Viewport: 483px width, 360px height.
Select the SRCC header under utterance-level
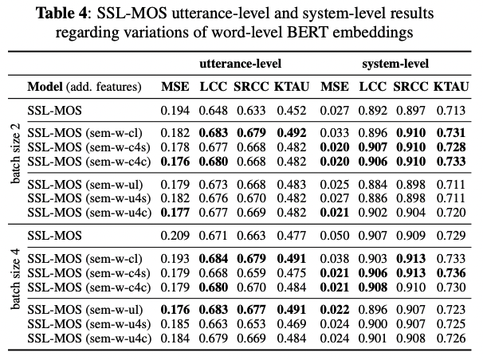pyautogui.click(x=252, y=85)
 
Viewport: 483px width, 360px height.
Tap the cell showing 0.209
pyautogui.click(x=175, y=236)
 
